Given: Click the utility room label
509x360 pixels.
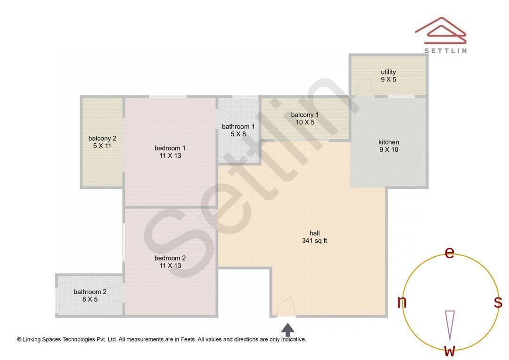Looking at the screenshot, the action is (388, 76).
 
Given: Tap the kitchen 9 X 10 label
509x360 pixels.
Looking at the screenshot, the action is (388, 146).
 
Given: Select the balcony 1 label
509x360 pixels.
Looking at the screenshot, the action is (305, 118).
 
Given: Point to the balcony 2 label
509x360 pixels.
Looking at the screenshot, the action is (102, 142).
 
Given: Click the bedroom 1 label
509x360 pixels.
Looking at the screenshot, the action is (170, 152).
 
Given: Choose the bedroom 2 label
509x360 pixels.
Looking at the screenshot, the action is (170, 262).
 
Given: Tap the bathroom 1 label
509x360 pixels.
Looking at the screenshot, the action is (238, 130).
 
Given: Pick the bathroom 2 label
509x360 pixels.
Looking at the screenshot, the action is (90, 295).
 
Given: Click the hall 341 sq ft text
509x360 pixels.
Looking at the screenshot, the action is (314, 237).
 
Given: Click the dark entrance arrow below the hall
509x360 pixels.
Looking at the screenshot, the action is (287, 330).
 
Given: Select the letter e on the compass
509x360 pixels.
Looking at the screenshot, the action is (449, 252).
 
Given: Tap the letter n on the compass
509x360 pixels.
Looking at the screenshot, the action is (402, 302).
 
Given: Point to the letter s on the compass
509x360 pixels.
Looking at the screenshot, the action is (498, 302).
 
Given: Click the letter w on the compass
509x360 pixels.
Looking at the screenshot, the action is (450, 351).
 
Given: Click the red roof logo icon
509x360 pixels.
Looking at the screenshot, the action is (441, 31).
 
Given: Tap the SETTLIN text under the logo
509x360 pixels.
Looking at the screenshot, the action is (445, 50).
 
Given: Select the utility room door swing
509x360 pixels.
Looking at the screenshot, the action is (363, 87).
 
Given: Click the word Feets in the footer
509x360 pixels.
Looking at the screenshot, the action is (188, 340).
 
